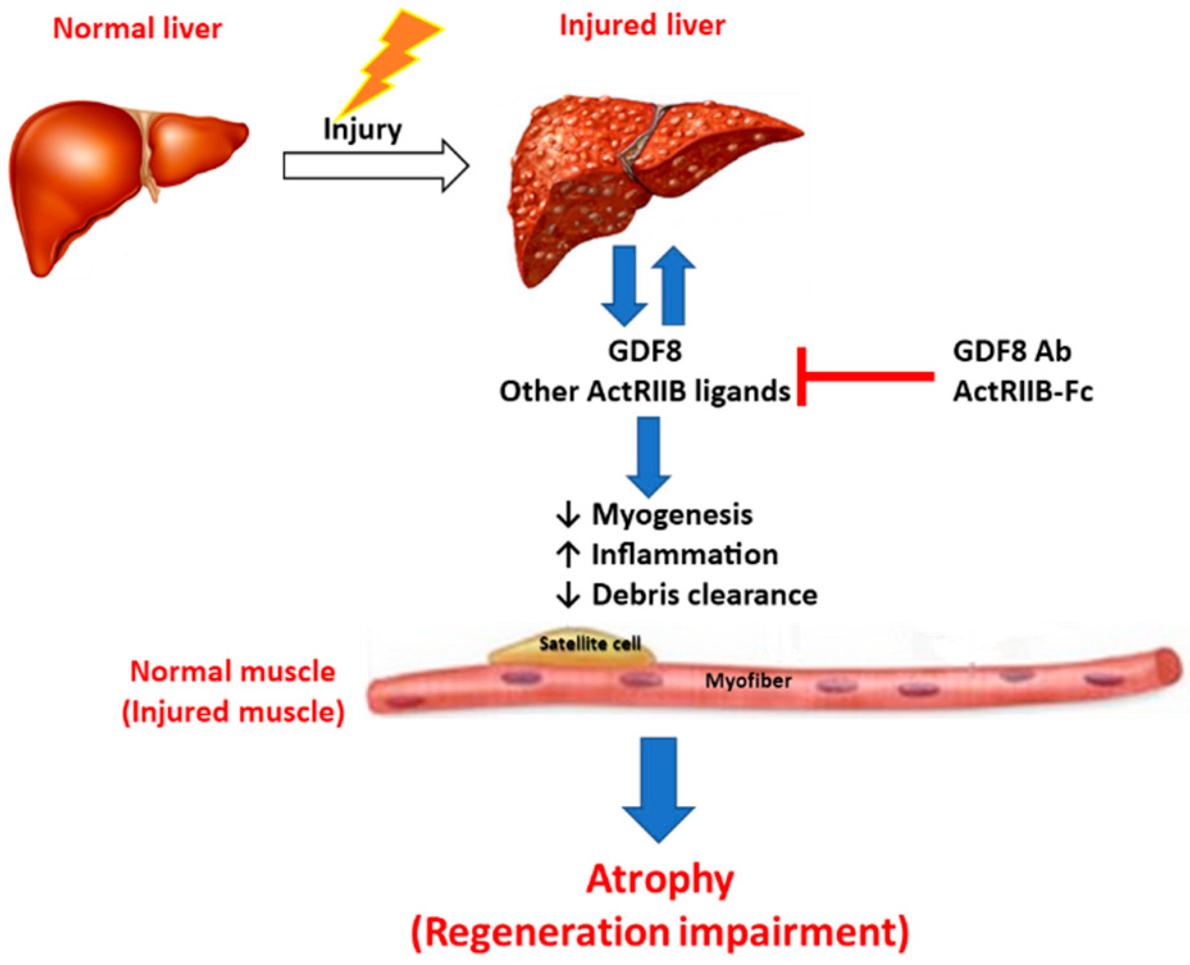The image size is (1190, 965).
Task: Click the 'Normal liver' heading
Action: click(137, 29)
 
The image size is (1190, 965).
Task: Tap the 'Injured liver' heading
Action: click(642, 26)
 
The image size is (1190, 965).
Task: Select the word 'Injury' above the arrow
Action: click(363, 130)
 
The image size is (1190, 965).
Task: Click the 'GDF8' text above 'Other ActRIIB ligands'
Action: click(645, 352)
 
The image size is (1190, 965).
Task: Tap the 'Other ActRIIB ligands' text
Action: click(644, 391)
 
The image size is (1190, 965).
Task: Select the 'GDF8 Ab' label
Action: click(1011, 352)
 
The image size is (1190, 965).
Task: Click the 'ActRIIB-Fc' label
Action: click(1023, 391)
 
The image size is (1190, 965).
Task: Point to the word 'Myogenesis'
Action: click(672, 514)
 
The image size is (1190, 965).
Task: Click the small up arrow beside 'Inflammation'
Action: click(568, 555)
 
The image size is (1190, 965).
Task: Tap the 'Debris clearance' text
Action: click(704, 595)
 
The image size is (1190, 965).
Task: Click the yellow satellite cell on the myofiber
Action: click(572, 648)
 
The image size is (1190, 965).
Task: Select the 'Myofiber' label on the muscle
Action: click(748, 681)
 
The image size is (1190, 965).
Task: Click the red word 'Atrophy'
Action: click(660, 880)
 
